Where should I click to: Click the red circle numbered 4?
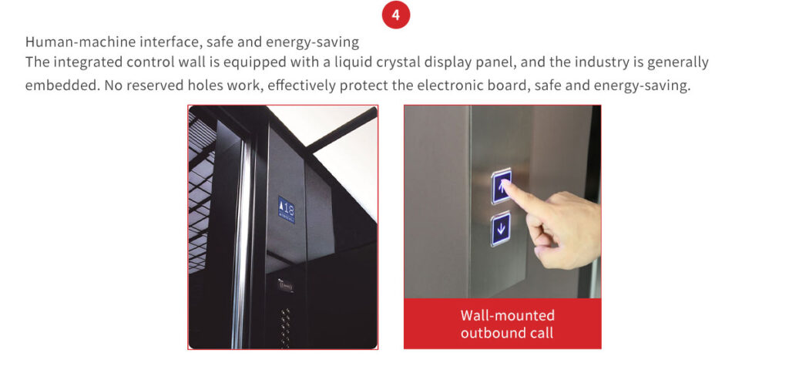tap(395, 15)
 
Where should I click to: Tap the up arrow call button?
tap(501, 186)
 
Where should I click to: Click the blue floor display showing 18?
tap(287, 210)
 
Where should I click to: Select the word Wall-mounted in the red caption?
tap(507, 316)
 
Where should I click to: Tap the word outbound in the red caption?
tap(491, 333)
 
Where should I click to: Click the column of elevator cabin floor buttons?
tap(285, 328)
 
